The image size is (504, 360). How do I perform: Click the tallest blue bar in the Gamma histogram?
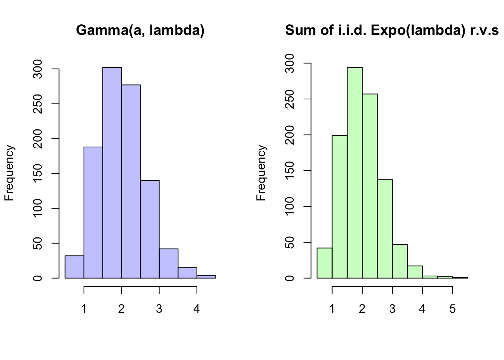(x=112, y=172)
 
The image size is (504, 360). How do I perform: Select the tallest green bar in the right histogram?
(x=354, y=172)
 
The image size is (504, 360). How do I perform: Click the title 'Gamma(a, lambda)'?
(x=140, y=30)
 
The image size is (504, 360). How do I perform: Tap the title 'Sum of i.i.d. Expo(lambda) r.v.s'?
(x=392, y=30)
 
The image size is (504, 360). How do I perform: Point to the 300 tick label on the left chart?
(x=38, y=69)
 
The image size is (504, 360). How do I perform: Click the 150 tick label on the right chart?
(x=290, y=171)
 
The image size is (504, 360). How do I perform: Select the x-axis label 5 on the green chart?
(x=452, y=309)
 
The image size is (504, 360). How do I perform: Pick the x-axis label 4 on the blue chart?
(x=196, y=309)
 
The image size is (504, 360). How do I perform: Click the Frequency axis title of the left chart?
(x=9, y=173)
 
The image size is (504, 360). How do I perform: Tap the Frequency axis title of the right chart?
(x=261, y=173)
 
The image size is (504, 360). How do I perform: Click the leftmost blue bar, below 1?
(x=74, y=267)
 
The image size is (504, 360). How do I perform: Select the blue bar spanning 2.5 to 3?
(x=150, y=229)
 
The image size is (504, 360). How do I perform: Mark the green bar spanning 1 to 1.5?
(x=339, y=207)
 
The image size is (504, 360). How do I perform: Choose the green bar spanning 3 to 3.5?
(x=400, y=261)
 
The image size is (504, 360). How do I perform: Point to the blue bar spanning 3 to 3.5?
(x=168, y=263)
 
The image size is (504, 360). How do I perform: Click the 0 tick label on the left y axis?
(x=38, y=278)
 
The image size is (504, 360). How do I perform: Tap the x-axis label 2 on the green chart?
(x=362, y=309)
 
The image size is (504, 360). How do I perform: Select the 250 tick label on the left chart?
(x=38, y=104)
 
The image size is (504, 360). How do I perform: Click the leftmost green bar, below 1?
(x=324, y=263)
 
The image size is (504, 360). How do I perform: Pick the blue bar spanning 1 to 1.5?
(x=93, y=212)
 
